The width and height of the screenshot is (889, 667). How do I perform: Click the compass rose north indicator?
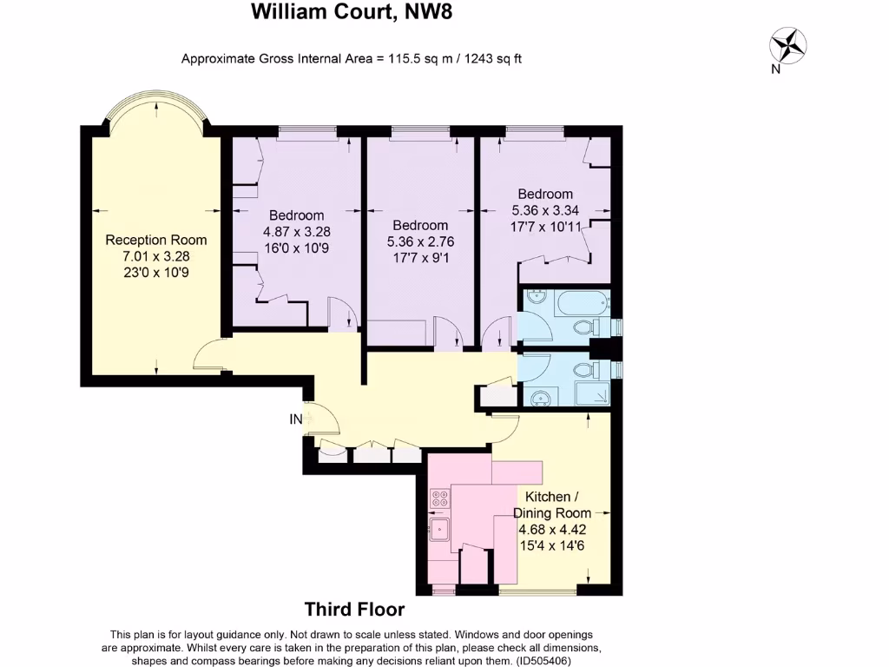click(788, 45)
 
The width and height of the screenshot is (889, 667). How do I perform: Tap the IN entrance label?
click(296, 419)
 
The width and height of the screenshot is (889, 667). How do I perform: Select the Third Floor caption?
click(354, 610)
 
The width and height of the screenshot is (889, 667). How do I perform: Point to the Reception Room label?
click(156, 240)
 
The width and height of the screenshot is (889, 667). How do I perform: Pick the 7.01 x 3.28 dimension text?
click(156, 256)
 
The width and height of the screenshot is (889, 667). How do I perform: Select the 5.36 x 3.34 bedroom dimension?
click(545, 210)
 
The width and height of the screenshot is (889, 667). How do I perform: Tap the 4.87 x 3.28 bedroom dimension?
click(296, 232)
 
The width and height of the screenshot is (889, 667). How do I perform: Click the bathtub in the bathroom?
click(576, 305)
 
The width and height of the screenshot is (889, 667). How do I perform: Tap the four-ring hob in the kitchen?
click(440, 499)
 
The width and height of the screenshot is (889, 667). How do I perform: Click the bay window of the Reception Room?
click(156, 111)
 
